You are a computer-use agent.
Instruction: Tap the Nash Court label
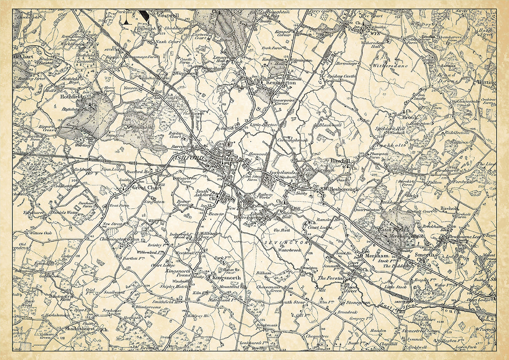[x=167, y=42]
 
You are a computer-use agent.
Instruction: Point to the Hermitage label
[x=347, y=63]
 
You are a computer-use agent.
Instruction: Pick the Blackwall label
[x=330, y=125]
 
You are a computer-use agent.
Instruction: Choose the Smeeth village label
[x=424, y=255]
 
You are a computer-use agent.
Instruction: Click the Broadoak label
[x=347, y=313]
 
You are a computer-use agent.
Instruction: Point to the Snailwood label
[x=115, y=292]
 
